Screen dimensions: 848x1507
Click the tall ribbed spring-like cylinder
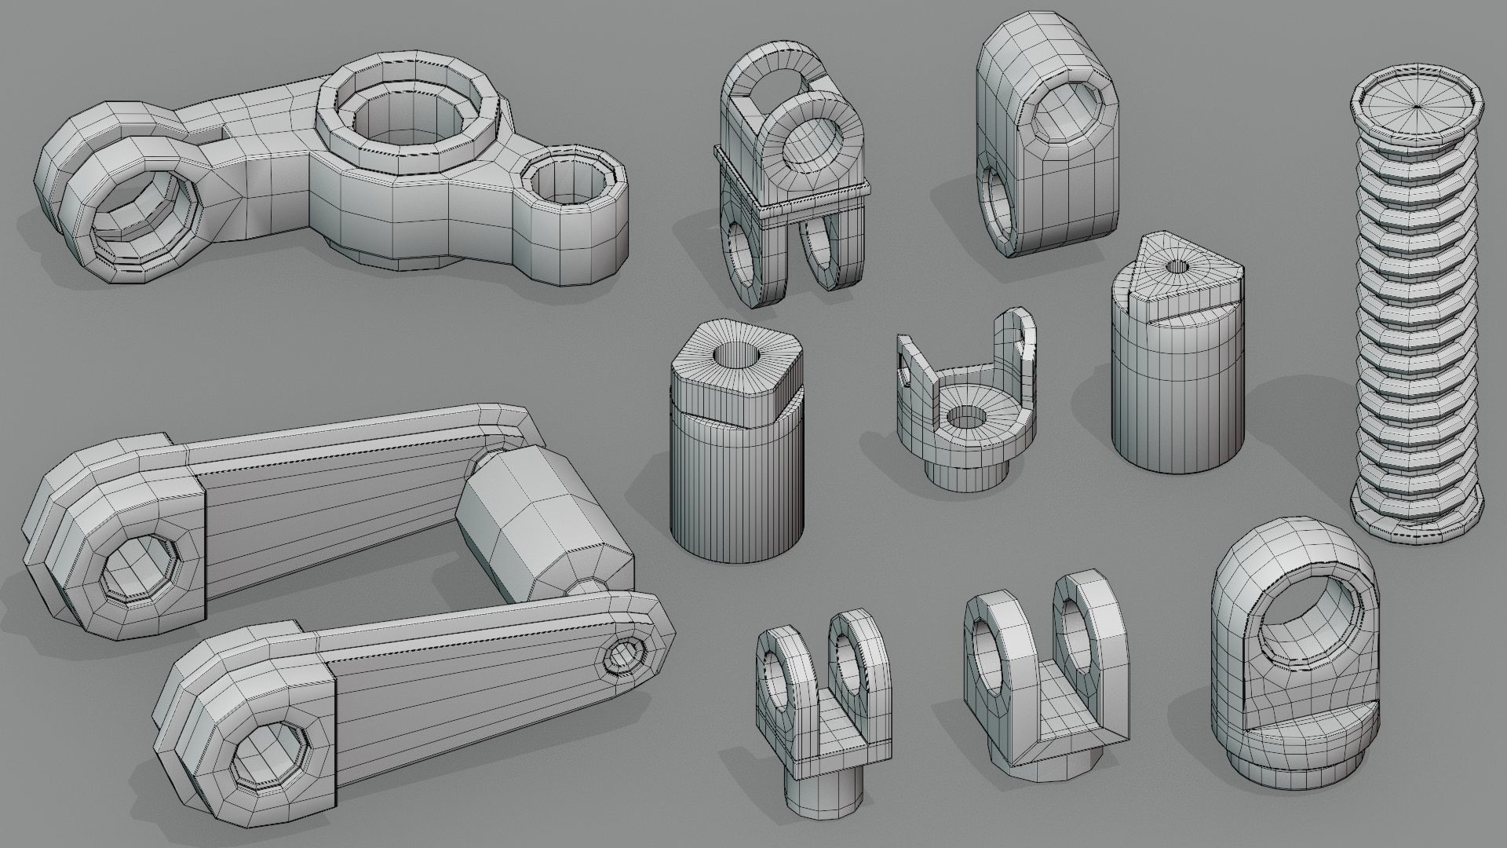coord(1417,314)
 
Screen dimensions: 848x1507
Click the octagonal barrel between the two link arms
coord(542,522)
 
